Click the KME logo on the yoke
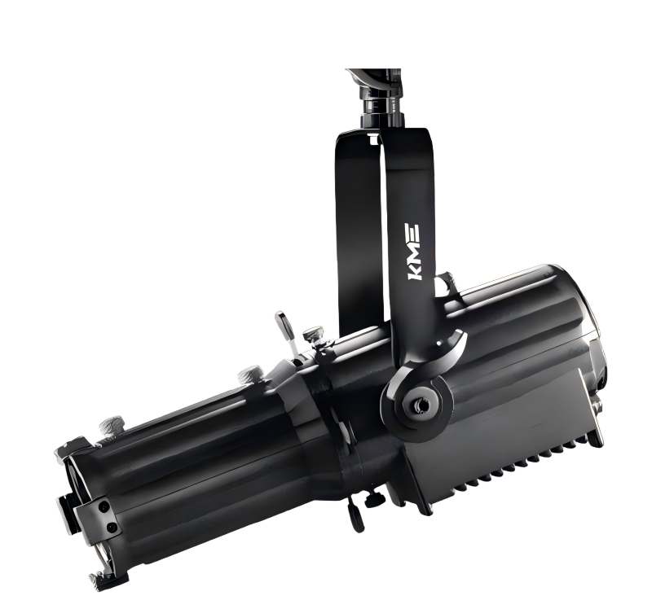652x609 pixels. [x=413, y=252]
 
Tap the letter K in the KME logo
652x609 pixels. [x=414, y=272]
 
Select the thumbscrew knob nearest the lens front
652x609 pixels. [x=112, y=425]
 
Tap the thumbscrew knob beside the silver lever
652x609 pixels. [x=314, y=335]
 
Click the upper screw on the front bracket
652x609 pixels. [x=104, y=506]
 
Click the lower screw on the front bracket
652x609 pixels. [x=112, y=528]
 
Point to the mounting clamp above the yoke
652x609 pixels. [x=378, y=98]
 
